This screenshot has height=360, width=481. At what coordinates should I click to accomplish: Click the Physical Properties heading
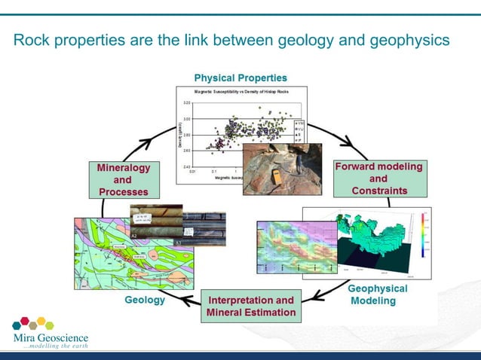click(240, 78)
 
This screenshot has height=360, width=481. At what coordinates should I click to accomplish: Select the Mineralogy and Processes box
click(123, 180)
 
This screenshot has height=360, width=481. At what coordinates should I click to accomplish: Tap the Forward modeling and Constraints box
click(378, 178)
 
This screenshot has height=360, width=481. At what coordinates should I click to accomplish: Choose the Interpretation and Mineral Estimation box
click(250, 307)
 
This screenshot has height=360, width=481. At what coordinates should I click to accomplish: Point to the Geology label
click(144, 301)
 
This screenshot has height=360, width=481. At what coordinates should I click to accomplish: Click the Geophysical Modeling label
click(377, 294)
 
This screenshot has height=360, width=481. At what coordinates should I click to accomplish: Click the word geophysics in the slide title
click(411, 38)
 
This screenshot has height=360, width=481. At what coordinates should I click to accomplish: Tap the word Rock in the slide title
click(31, 38)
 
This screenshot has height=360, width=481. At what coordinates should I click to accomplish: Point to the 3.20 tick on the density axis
click(185, 102)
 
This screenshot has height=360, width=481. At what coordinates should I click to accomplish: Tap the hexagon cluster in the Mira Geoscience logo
click(33, 324)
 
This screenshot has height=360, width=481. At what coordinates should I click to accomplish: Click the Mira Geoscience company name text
click(51, 337)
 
